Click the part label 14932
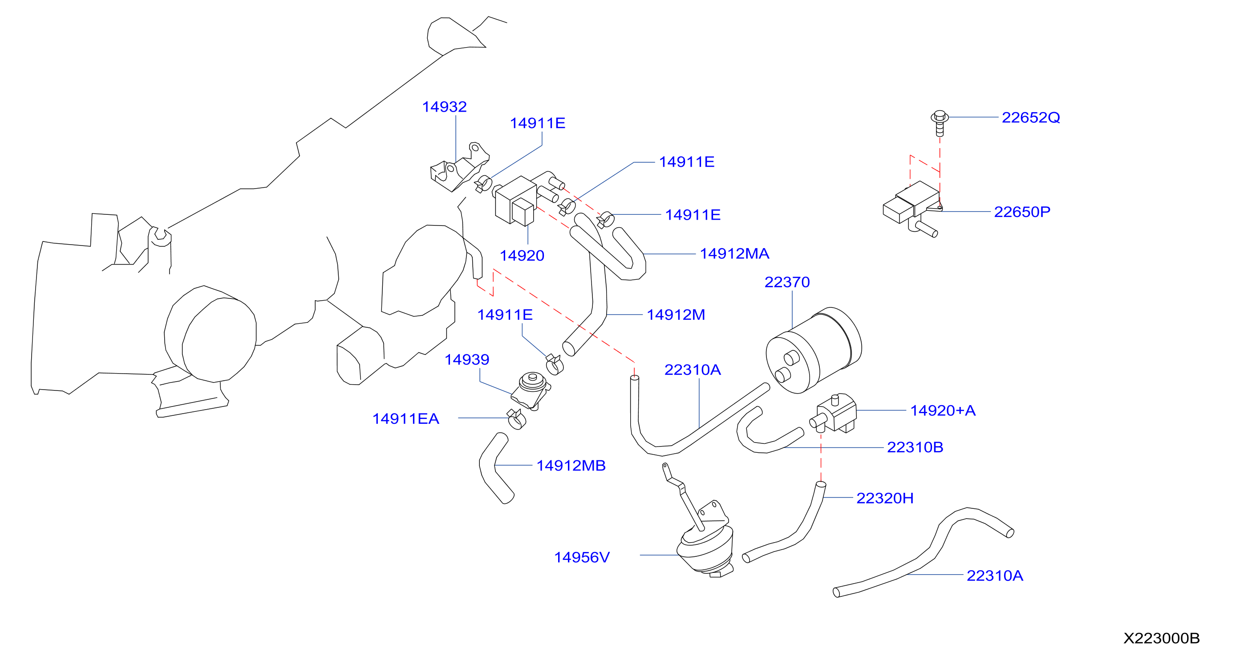[444, 107]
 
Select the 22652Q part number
[1030, 118]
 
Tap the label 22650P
[1022, 212]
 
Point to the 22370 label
[787, 282]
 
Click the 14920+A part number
[942, 410]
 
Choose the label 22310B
[915, 447]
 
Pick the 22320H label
[885, 498]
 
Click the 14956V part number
[581, 557]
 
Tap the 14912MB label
[571, 465]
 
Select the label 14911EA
[405, 419]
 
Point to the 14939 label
[466, 359]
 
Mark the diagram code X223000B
[1161, 638]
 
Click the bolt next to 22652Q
[940, 123]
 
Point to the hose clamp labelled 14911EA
[516, 419]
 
